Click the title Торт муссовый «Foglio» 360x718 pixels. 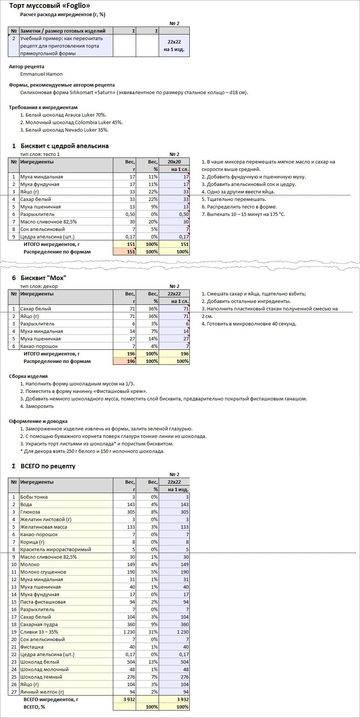pos(49,6)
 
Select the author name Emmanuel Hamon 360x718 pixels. pos(41,74)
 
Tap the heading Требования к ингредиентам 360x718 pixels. pos(43,107)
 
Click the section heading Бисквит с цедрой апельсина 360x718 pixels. pos(64,146)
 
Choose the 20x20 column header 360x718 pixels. pos(174,162)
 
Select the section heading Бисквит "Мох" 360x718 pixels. pos(43,278)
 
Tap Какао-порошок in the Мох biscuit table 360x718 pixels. pos(39,346)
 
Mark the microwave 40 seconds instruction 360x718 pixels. pos(249,324)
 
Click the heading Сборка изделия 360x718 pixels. pos(28,376)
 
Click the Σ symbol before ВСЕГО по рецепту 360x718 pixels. pos(14,466)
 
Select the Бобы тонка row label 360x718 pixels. pos(34,497)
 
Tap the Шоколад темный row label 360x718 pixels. pos(41,677)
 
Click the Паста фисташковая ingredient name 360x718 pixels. pos(43,602)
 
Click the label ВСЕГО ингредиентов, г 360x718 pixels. pos(51,699)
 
